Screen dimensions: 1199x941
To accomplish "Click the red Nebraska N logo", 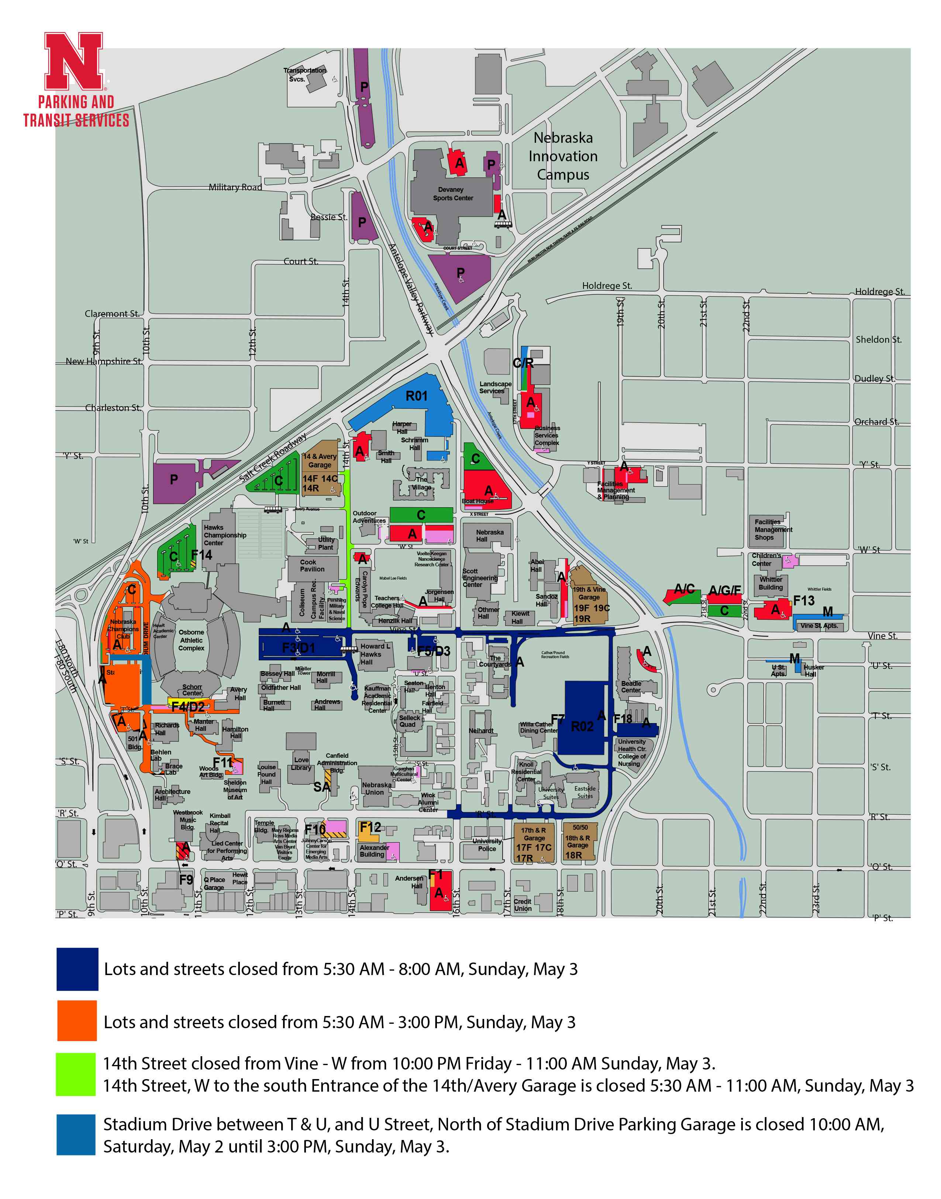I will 73,61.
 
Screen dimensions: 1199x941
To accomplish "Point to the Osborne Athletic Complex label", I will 191,640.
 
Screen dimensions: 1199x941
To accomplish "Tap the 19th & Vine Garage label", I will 589,593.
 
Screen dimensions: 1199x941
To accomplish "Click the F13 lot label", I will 803,601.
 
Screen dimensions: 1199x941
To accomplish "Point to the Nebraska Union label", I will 376,789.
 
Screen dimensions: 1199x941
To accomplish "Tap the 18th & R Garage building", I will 578,841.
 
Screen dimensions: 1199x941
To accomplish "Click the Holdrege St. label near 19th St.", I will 607,286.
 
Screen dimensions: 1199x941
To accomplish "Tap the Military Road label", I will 235,187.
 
